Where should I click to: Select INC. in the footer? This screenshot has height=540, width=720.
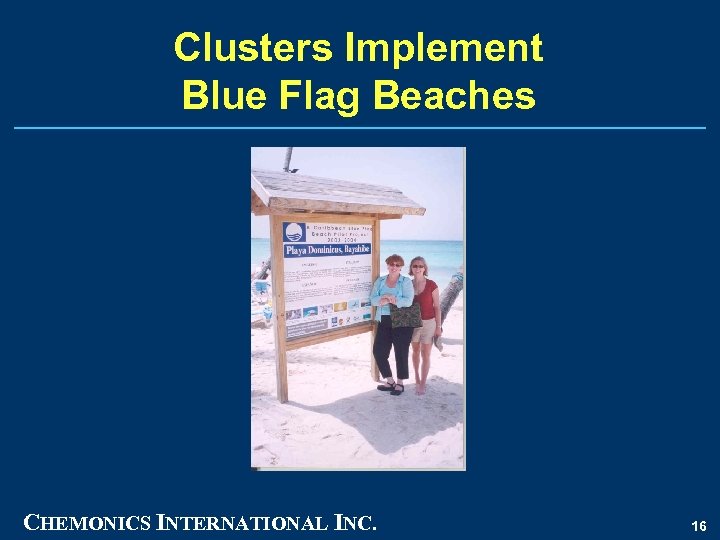353,522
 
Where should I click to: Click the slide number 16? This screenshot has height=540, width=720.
699,525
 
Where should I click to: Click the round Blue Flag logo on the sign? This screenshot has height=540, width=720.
295,232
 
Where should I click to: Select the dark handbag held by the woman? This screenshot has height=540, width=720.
405,316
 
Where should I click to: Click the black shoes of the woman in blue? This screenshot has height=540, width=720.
391,387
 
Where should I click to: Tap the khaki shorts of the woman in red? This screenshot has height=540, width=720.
424,331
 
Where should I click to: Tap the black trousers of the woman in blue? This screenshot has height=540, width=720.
392,350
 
